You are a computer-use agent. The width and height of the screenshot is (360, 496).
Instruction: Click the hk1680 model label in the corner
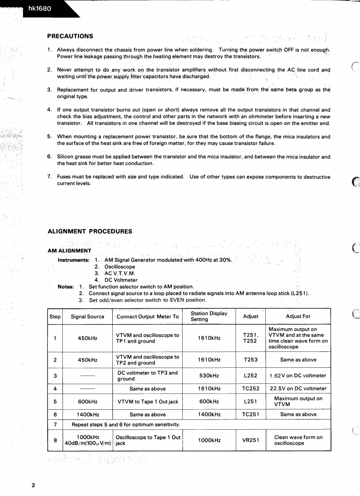(40, 8)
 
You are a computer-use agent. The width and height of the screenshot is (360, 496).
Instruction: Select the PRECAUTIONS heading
(70, 36)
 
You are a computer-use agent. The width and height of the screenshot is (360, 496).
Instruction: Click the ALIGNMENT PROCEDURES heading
(89, 231)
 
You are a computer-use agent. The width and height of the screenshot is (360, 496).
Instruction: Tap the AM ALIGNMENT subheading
(69, 251)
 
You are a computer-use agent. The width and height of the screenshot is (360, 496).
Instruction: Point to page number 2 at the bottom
(33, 485)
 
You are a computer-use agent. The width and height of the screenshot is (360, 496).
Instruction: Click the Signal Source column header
(88, 317)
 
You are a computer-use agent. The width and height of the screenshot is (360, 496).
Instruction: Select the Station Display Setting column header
(209, 317)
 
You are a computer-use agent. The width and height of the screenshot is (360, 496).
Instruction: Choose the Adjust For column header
(298, 317)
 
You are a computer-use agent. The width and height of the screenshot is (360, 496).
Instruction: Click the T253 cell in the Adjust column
(251, 360)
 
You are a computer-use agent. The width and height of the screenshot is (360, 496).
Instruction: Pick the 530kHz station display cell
(209, 376)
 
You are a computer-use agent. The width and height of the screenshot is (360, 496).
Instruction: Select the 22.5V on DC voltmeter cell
(298, 389)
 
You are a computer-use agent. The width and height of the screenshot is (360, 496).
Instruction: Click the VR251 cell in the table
(251, 440)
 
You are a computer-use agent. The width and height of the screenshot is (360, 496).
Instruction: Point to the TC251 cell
(251, 415)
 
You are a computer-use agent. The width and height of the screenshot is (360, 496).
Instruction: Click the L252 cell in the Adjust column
(251, 376)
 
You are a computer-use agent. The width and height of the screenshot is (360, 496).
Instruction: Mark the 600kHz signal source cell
(88, 402)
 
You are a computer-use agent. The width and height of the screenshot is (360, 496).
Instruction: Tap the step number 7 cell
(55, 425)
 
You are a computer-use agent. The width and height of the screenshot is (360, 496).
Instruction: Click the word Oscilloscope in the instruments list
(120, 267)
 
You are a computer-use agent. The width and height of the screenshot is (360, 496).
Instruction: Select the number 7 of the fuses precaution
(49, 177)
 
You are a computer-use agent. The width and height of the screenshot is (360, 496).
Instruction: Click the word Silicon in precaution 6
(65, 157)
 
